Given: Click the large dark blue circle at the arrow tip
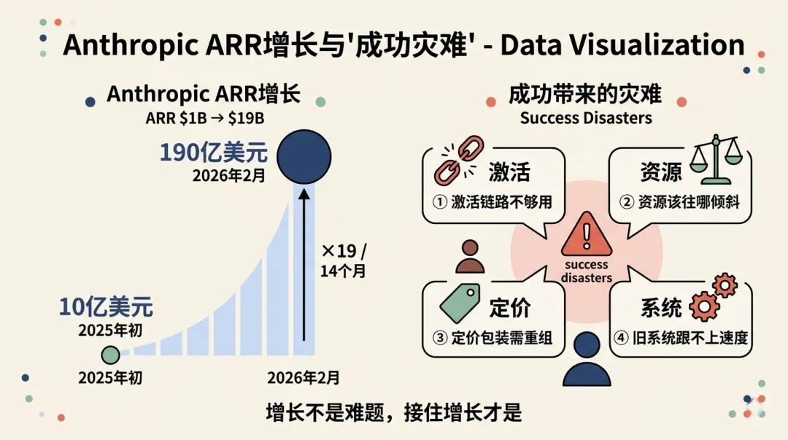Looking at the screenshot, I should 304,156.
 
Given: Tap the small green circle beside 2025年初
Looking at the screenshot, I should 110,355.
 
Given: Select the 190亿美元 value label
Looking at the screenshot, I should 214,154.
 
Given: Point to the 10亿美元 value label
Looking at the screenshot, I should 107,307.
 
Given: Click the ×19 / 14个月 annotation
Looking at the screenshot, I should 344,260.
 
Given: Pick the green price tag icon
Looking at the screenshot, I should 458,303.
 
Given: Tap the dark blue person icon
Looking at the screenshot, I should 587,360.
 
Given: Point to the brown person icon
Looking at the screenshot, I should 469,256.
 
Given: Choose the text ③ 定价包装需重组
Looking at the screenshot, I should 494,338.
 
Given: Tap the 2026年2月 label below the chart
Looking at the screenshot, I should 304,377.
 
